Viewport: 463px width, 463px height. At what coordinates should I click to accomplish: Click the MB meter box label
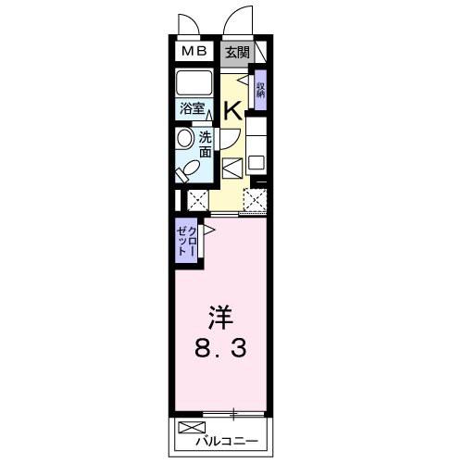coord(194,51)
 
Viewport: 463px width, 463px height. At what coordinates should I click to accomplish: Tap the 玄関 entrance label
coord(237,53)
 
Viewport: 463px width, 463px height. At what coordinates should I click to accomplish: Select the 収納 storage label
coord(261,90)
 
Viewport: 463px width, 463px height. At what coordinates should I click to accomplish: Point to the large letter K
coord(232,111)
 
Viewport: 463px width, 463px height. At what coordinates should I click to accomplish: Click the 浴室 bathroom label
coord(192,108)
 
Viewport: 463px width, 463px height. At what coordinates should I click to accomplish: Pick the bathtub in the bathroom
coord(194,83)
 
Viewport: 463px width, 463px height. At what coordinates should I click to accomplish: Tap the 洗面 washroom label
coord(205,144)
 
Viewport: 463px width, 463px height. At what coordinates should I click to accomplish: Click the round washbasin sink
coord(185,139)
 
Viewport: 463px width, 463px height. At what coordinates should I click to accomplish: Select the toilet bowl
coord(186,171)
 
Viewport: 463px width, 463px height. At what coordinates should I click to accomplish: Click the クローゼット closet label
coord(186,241)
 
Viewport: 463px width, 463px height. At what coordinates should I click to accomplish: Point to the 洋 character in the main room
coord(220,318)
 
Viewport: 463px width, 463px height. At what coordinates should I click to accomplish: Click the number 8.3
coord(220,348)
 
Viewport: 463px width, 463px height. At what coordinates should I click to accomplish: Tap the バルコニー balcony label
coord(227,441)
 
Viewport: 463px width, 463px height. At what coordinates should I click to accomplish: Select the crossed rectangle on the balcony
coord(192,428)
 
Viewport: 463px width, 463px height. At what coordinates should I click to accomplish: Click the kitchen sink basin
coord(256,162)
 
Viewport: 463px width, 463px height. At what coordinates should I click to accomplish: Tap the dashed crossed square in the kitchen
coord(255,200)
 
